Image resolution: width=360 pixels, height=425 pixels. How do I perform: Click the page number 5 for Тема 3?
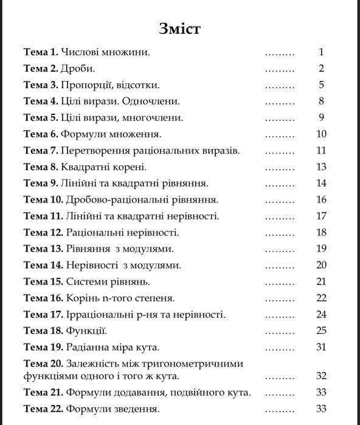pyautogui.click(x=321, y=85)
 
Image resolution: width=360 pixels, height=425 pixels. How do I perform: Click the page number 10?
pyautogui.click(x=321, y=134)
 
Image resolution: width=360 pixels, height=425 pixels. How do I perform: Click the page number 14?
pyautogui.click(x=321, y=184)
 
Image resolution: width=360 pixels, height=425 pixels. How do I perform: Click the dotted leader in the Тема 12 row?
pyautogui.click(x=280, y=232)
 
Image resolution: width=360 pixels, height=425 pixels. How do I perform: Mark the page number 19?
pyautogui.click(x=321, y=249)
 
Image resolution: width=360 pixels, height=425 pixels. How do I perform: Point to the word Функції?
pyautogui.click(x=86, y=331)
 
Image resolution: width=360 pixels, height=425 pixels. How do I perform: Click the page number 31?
pyautogui.click(x=321, y=347)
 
